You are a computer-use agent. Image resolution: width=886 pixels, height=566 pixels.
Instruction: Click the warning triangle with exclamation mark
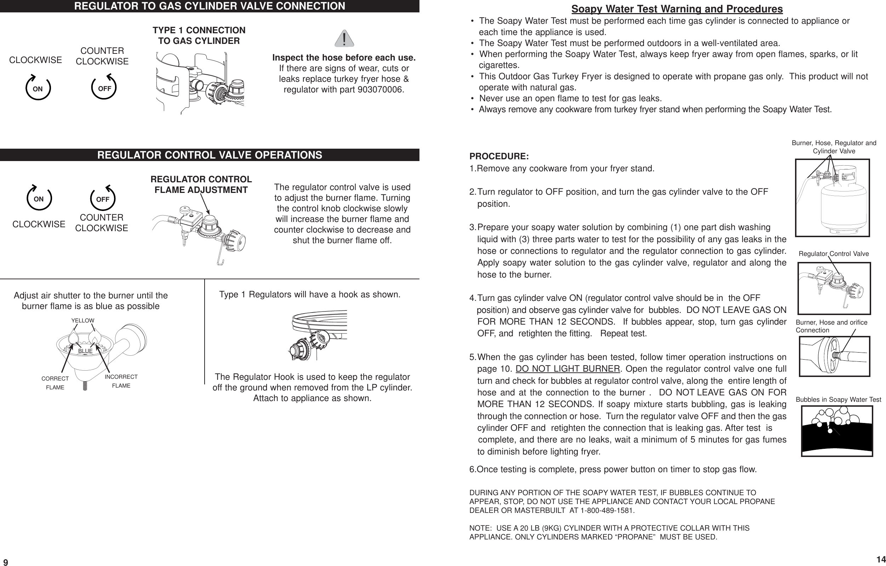point(344,38)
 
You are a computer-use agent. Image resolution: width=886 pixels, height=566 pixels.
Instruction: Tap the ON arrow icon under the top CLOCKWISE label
point(38,87)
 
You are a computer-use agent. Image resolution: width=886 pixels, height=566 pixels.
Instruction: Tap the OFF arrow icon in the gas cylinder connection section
point(104,87)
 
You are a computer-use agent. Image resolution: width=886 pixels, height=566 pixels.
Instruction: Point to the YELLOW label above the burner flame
point(83,321)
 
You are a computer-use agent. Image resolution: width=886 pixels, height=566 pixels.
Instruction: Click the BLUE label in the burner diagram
point(85,351)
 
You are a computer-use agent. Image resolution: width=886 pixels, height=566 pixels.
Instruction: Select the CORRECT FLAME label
point(55,383)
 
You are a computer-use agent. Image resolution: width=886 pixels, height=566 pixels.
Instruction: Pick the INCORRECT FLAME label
point(121,381)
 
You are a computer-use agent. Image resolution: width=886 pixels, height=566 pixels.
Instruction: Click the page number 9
point(6,562)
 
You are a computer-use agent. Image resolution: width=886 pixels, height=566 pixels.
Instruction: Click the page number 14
point(880,559)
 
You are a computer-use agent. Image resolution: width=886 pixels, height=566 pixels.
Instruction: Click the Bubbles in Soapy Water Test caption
point(838,400)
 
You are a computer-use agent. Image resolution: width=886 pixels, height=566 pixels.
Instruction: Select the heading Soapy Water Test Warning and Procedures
point(677,9)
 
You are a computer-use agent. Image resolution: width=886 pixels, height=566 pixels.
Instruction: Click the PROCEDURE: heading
point(499,156)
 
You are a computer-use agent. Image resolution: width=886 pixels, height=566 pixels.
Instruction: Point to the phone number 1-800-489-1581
point(607,511)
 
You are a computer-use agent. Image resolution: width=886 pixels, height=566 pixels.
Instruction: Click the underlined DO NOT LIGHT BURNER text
point(568,369)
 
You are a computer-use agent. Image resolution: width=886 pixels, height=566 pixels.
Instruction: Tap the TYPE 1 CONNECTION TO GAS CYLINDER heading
point(199,36)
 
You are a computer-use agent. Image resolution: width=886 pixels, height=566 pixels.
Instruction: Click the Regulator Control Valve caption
point(833,254)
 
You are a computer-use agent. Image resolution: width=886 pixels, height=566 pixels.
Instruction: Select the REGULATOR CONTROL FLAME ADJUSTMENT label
point(201,185)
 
